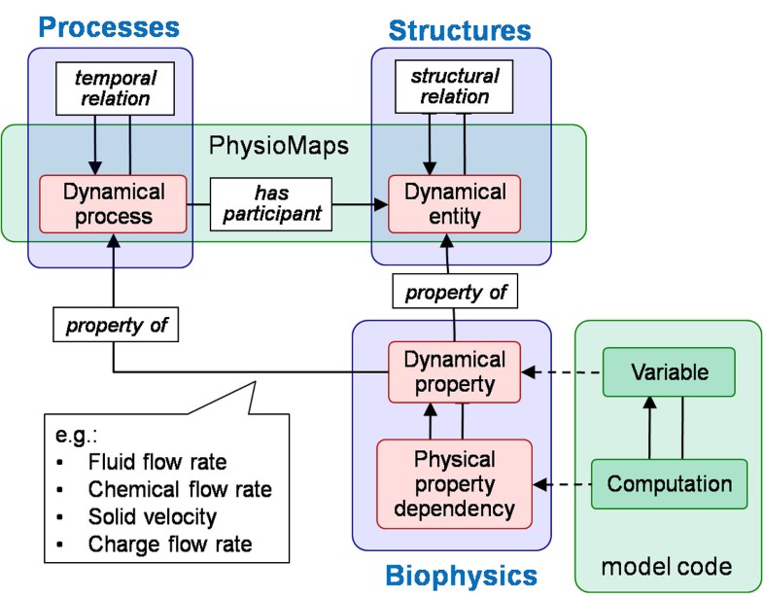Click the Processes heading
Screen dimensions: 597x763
point(111,24)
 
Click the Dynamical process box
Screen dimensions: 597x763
point(112,204)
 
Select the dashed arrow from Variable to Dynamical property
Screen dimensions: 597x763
point(564,371)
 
